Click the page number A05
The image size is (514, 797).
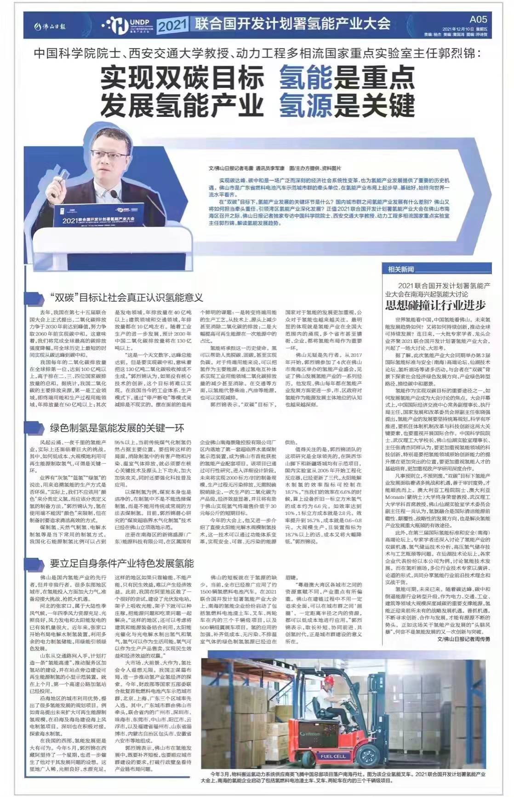coord(478,19)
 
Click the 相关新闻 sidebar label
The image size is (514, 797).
coord(401,269)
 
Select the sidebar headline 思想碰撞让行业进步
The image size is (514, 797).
coord(435,305)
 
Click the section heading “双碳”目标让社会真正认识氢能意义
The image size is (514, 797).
coord(126,297)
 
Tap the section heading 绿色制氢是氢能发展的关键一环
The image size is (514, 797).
coord(117,428)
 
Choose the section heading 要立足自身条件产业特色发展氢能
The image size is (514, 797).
coord(122,564)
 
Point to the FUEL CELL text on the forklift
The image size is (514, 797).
coord(333,756)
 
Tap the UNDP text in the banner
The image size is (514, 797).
coord(137,21)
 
